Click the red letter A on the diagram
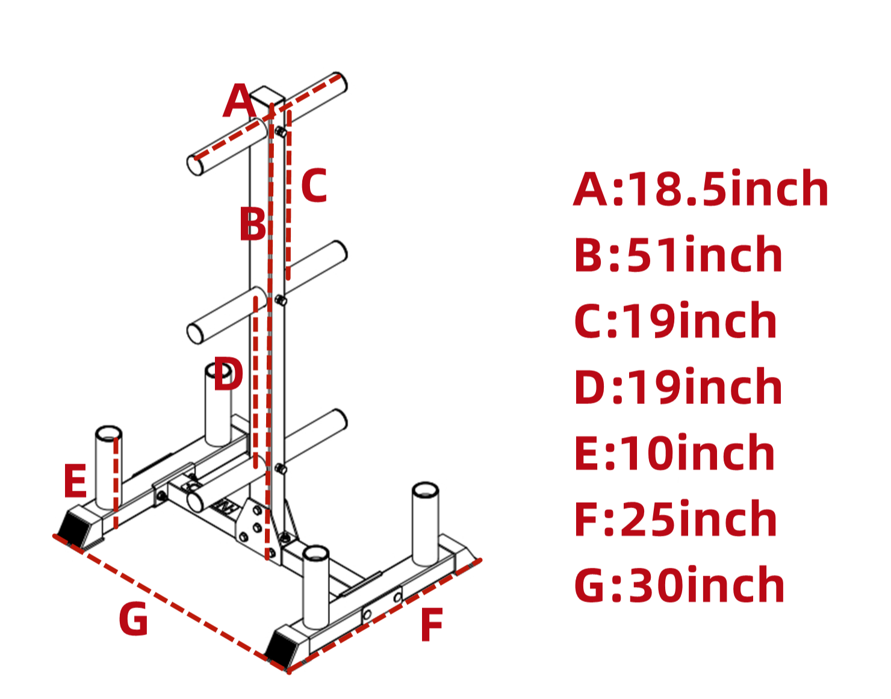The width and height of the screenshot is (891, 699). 240,101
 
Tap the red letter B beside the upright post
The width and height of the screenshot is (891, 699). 252,224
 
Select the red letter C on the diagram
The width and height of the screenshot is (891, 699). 314,185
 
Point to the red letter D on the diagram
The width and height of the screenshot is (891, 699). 228,374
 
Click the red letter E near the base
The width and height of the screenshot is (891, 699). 75,481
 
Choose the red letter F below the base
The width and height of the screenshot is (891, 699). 432,626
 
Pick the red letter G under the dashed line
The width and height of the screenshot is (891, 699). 133,619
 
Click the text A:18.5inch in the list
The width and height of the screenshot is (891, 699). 701,189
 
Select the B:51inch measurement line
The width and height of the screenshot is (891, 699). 678,255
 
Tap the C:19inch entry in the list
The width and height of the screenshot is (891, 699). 675,321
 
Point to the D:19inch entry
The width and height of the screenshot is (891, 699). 678,387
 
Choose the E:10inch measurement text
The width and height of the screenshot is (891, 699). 674,453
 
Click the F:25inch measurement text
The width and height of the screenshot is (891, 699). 675,519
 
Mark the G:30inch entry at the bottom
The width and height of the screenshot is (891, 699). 679,585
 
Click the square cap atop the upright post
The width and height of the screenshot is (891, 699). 267,96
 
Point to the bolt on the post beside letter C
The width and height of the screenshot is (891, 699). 281,132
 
